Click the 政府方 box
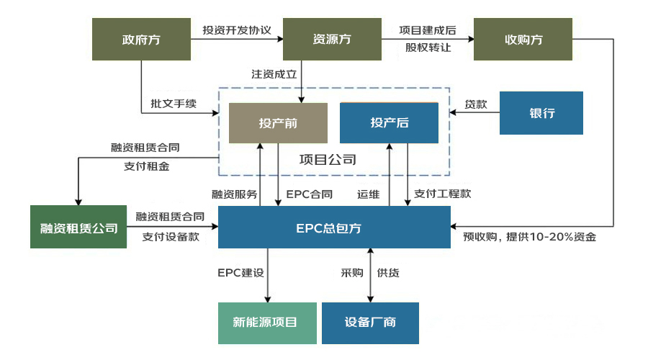141,39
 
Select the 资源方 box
331,39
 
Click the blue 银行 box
541,113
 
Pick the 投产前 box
278,122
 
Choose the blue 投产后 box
390,122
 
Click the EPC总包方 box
334,228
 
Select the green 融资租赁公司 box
78,228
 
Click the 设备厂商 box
370,322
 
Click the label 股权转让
428,48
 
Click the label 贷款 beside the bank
476,104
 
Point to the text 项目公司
328,159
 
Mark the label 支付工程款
443,194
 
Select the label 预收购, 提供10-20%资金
529,235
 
